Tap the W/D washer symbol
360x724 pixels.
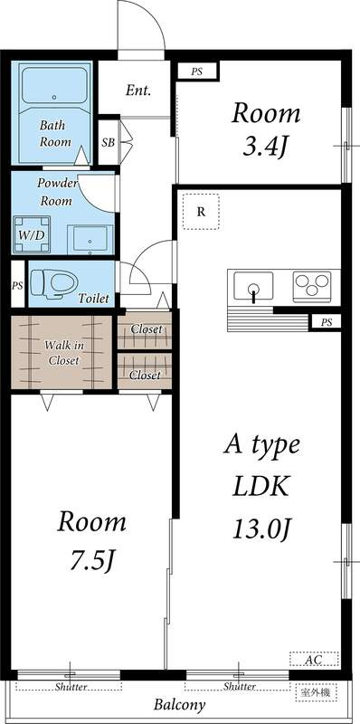point(32,233)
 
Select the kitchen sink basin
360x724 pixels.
point(253,287)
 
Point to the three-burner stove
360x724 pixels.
point(312,286)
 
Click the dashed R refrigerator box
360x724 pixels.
point(201,212)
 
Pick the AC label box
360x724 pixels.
point(314,659)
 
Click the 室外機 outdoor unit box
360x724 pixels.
point(317,692)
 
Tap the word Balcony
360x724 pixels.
point(180,705)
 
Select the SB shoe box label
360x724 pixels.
point(109,143)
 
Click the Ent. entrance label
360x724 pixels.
point(138,90)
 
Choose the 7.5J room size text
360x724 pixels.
point(92,559)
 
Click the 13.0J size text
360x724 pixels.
point(262,529)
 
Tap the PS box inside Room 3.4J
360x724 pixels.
point(197,72)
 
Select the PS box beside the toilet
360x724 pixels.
point(17,285)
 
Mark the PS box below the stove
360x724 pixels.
point(327,322)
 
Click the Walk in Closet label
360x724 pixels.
point(62,352)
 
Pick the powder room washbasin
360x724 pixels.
point(90,239)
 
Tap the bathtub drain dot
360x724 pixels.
point(54,98)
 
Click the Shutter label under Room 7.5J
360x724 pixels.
point(71,687)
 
